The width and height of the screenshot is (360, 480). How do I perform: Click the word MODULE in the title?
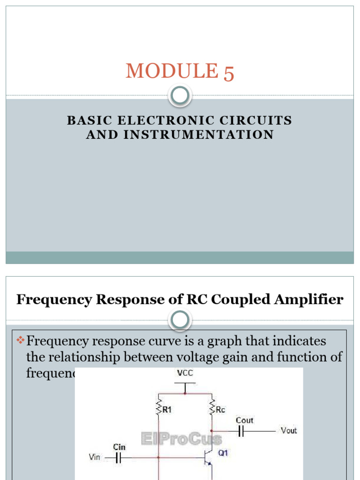[172, 71]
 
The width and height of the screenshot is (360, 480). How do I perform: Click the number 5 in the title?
[229, 74]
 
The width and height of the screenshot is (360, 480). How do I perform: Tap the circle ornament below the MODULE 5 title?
[180, 96]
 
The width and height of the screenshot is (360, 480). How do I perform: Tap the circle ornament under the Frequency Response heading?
[180, 321]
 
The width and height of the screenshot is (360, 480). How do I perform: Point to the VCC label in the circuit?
[185, 374]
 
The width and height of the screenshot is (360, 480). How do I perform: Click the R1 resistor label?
[167, 409]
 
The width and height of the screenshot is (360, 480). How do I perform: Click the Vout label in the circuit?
[288, 430]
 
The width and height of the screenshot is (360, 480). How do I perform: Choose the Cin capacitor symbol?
[119, 457]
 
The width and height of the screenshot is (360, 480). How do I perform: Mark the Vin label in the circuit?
[94, 457]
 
